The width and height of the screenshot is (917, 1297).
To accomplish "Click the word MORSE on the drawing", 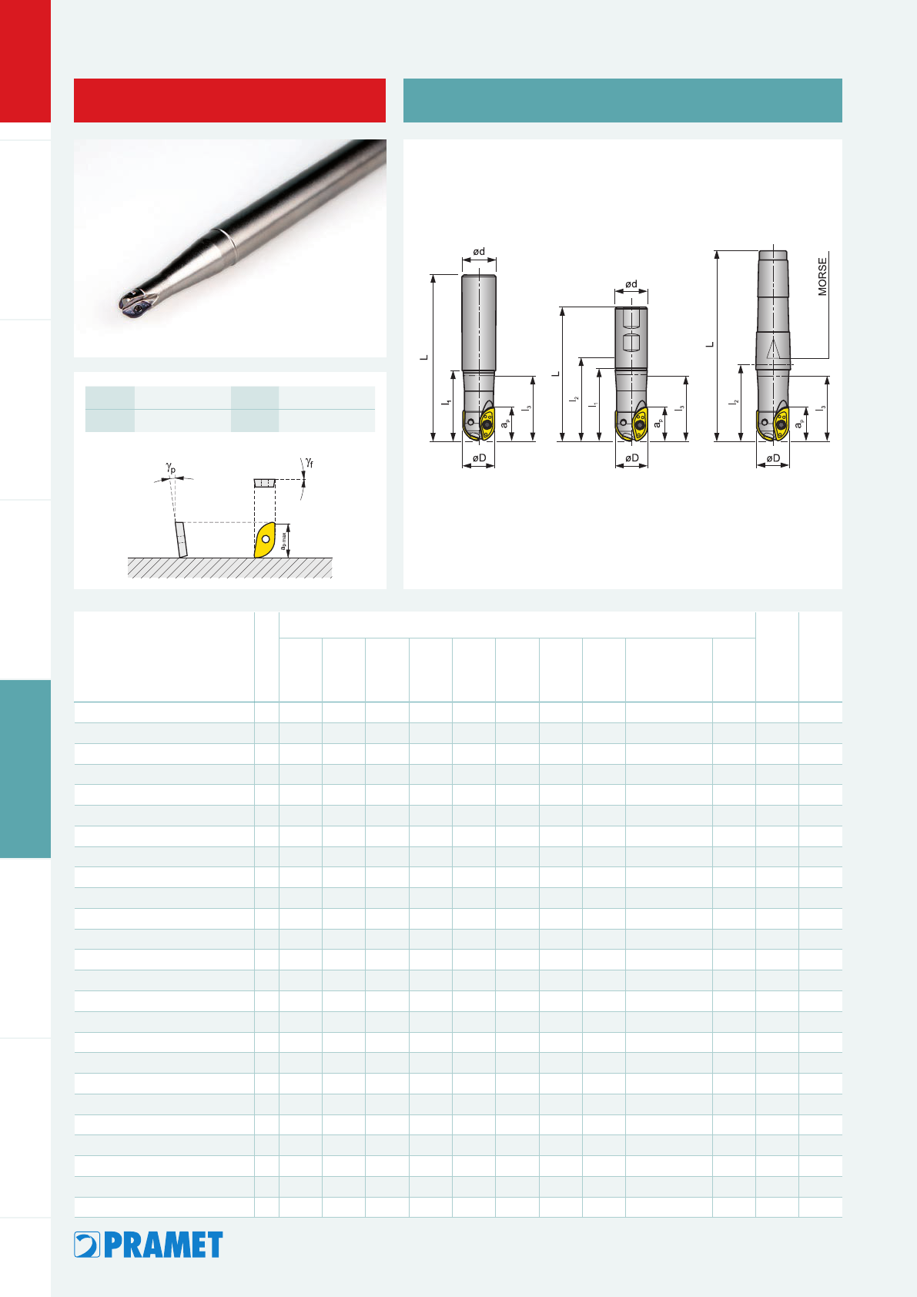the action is click(x=822, y=276).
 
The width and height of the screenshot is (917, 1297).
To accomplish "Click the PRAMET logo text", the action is click(x=163, y=1245).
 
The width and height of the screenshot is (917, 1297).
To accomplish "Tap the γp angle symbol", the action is click(x=170, y=468).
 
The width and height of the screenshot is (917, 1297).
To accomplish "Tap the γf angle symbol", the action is click(x=310, y=462).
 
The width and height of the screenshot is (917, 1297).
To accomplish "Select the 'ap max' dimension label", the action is click(x=283, y=541).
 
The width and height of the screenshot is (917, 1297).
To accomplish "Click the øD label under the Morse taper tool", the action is click(x=773, y=458).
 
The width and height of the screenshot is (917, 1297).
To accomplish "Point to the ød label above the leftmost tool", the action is click(x=479, y=251).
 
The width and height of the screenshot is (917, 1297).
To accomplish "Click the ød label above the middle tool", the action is click(x=631, y=283).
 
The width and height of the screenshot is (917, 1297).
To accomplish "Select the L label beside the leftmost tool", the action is click(x=424, y=357).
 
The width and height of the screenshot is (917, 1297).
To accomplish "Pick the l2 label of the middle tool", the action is click(x=574, y=399).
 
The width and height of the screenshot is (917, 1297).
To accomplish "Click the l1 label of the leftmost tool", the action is click(x=447, y=400).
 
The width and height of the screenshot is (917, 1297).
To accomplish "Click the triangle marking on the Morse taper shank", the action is click(x=773, y=350).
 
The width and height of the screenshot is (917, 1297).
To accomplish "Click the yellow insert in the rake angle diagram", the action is click(x=265, y=540).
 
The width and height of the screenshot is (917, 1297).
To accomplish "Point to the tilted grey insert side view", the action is click(x=181, y=539).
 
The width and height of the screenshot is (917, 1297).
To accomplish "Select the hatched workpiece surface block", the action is click(x=230, y=568).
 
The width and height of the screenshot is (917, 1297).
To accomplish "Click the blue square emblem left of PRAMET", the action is click(x=87, y=1245).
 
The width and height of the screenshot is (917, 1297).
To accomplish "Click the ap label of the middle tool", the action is click(x=658, y=424).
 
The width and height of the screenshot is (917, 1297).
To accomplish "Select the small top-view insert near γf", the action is click(x=265, y=483).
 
